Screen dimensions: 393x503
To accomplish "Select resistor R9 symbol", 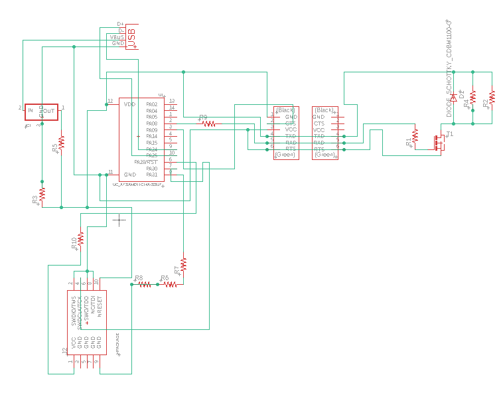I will [209, 123].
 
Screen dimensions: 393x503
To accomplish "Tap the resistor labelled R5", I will [61, 142].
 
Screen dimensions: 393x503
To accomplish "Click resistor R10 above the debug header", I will [80, 238].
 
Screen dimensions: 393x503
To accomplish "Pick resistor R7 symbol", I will [184, 265].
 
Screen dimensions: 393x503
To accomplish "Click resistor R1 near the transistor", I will [415, 136].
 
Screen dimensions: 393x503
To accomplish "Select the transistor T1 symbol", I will [438, 142].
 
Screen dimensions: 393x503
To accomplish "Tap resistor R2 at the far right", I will [492, 98].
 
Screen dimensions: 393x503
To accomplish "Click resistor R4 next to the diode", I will [472, 98].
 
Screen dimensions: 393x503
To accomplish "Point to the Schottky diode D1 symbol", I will [454, 98].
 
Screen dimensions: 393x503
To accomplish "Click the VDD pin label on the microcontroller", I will [130, 104].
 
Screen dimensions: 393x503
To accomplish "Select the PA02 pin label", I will [152, 104].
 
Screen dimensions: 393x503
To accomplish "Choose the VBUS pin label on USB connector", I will [117, 37].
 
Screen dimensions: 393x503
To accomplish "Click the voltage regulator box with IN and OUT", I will [41, 111].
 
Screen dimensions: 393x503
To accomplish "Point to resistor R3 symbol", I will [42, 193].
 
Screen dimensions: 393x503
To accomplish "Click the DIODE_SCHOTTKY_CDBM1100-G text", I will [449, 70].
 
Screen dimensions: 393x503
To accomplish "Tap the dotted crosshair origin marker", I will [118, 220].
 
